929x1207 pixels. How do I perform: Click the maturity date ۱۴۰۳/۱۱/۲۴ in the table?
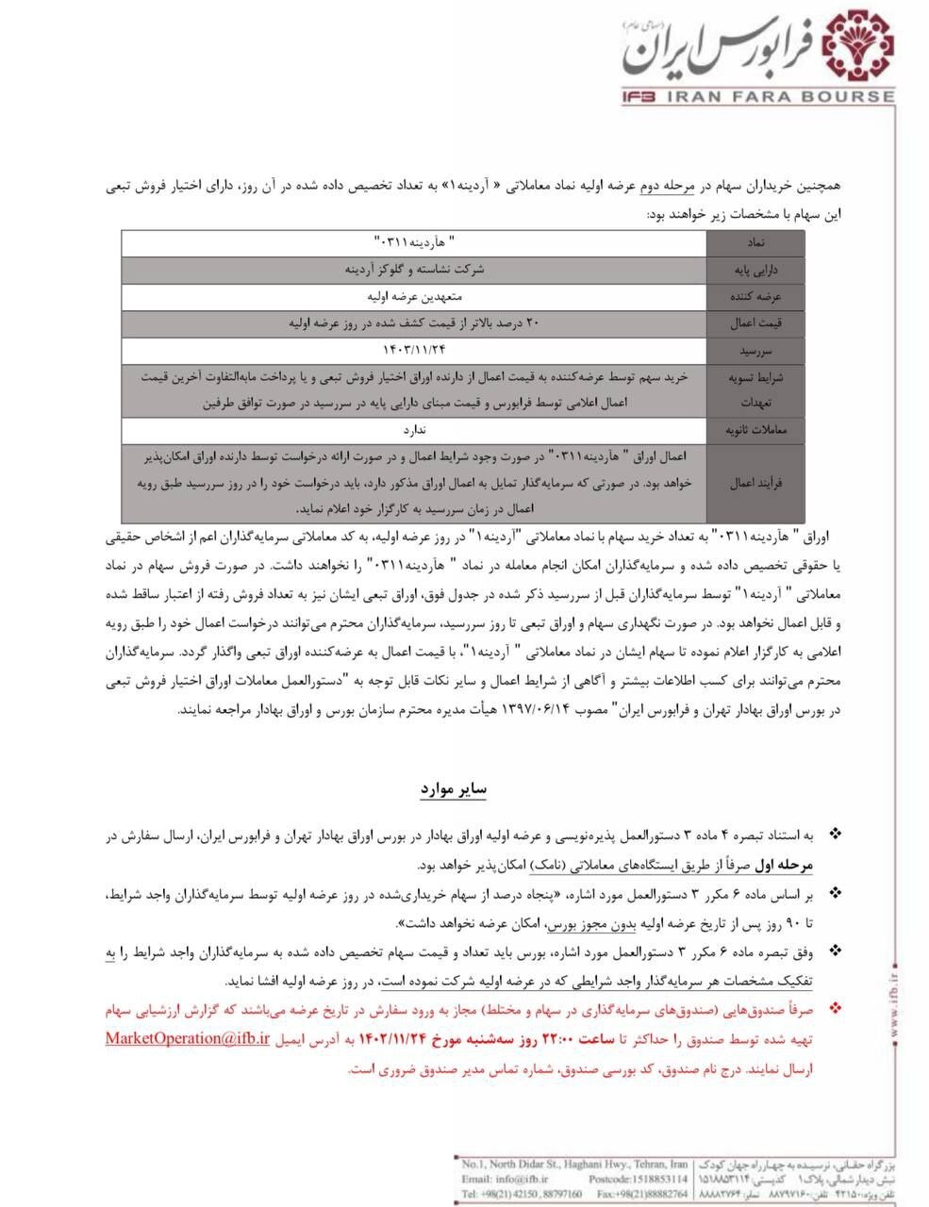click(x=415, y=350)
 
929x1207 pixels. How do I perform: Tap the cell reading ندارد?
click(x=415, y=429)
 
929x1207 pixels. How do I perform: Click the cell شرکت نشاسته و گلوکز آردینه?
click(x=415, y=270)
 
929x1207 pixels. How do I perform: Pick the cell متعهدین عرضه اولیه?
click(x=415, y=296)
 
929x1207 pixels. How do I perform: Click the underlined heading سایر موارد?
click(x=453, y=787)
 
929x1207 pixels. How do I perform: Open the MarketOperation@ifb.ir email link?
click(x=188, y=1038)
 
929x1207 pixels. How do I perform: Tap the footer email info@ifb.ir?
click(x=520, y=1179)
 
